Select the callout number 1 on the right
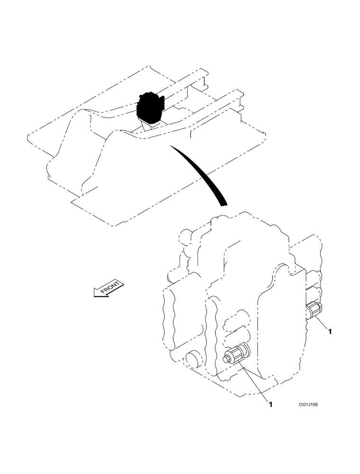coord(330,332)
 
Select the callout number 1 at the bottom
coord(270,404)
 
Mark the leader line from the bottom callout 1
coord(256,382)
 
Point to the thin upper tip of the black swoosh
coord(173,148)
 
